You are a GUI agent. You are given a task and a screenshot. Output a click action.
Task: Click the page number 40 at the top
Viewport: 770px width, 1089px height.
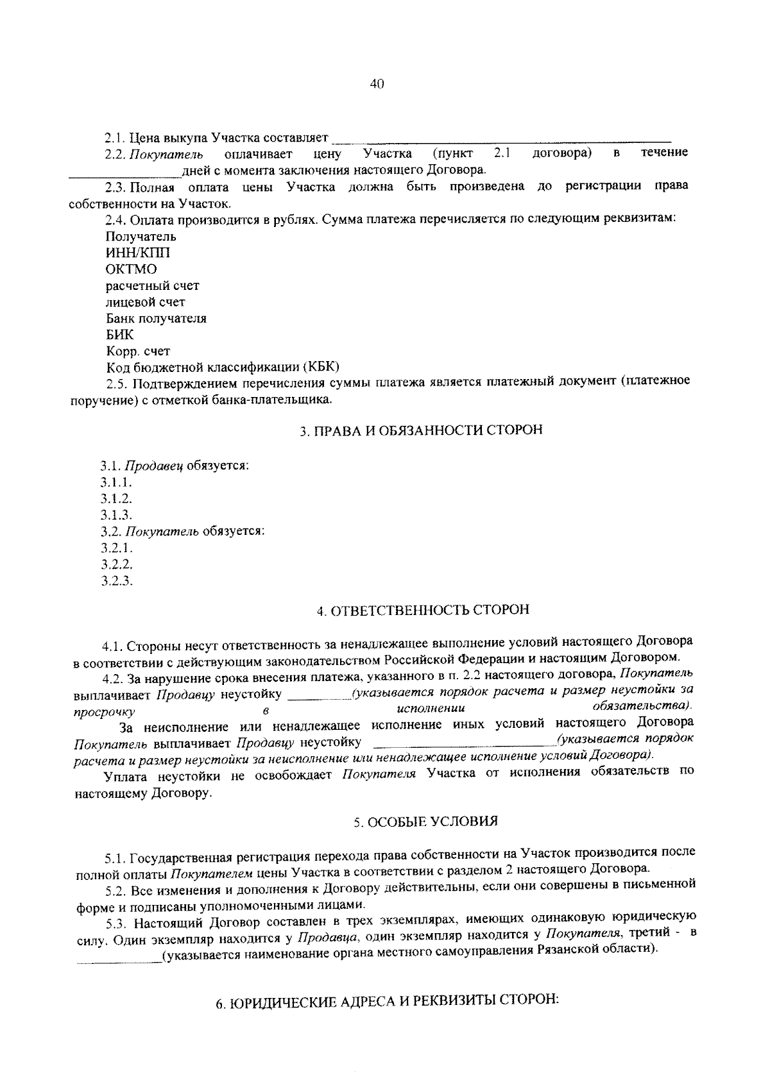coord(377,83)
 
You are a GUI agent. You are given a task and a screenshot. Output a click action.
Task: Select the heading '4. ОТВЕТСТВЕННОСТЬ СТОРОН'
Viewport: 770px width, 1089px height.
coord(422,609)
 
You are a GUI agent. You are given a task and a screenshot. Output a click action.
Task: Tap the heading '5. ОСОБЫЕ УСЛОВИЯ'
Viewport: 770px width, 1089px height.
coord(425,822)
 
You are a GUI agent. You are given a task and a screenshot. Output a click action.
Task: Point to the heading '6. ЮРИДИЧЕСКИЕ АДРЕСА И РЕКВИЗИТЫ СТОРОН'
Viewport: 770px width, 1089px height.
coord(388,1002)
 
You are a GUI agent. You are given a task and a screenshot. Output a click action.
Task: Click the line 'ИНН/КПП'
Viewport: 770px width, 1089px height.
coord(138,253)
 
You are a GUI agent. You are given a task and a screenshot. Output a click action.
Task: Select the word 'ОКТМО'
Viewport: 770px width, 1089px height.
coord(131,269)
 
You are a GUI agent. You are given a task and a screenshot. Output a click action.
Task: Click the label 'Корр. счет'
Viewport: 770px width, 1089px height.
coord(138,351)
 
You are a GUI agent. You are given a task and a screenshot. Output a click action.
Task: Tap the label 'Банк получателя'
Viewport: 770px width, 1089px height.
coord(156,319)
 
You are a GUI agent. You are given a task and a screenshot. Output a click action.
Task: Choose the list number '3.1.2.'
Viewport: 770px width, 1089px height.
coord(116,498)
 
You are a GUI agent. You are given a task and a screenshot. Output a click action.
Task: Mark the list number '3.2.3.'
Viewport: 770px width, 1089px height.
coord(116,581)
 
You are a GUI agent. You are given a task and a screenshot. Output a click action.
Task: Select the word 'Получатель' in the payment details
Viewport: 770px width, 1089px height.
coord(141,237)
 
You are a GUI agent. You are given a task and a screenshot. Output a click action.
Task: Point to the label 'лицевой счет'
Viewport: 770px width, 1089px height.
coord(145,302)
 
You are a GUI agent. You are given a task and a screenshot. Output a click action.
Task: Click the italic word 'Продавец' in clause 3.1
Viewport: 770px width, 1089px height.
coord(153,466)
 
